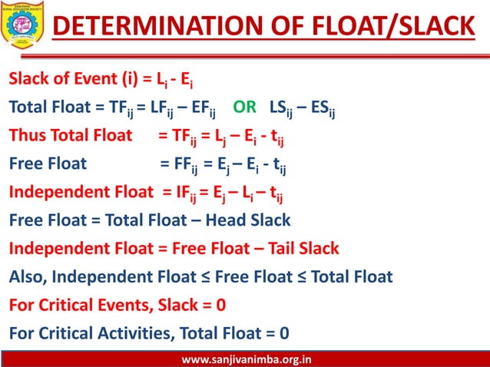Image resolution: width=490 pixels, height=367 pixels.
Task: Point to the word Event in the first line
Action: click(x=91, y=78)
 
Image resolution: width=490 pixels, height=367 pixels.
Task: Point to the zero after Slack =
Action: click(x=220, y=305)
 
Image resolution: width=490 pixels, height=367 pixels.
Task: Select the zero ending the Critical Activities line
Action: click(x=284, y=333)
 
